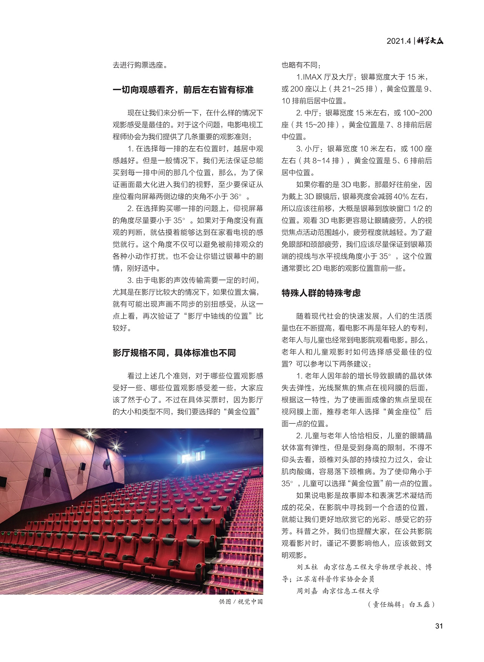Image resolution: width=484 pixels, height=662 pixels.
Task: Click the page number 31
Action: click(439, 626)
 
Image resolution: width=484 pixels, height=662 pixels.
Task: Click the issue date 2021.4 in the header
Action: click(399, 41)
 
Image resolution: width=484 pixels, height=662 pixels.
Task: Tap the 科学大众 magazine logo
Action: click(430, 40)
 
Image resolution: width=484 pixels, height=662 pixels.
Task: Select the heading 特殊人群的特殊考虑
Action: click(321, 293)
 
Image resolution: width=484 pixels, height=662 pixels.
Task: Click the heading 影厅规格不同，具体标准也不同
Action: click(174, 353)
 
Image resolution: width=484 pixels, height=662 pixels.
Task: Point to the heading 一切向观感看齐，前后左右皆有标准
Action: click(183, 90)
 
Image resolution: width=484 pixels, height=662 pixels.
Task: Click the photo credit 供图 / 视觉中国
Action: click(241, 602)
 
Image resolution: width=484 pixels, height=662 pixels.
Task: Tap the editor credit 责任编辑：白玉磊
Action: click(401, 604)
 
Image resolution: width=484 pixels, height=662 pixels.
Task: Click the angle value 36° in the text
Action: click(235, 196)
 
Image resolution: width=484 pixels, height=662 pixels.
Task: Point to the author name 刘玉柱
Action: click(307, 567)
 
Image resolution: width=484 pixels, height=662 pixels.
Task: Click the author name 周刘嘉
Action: click(307, 591)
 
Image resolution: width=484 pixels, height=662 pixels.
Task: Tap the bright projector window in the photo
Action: click(189, 459)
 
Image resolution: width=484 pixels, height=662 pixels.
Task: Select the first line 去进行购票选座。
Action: click(140, 65)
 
